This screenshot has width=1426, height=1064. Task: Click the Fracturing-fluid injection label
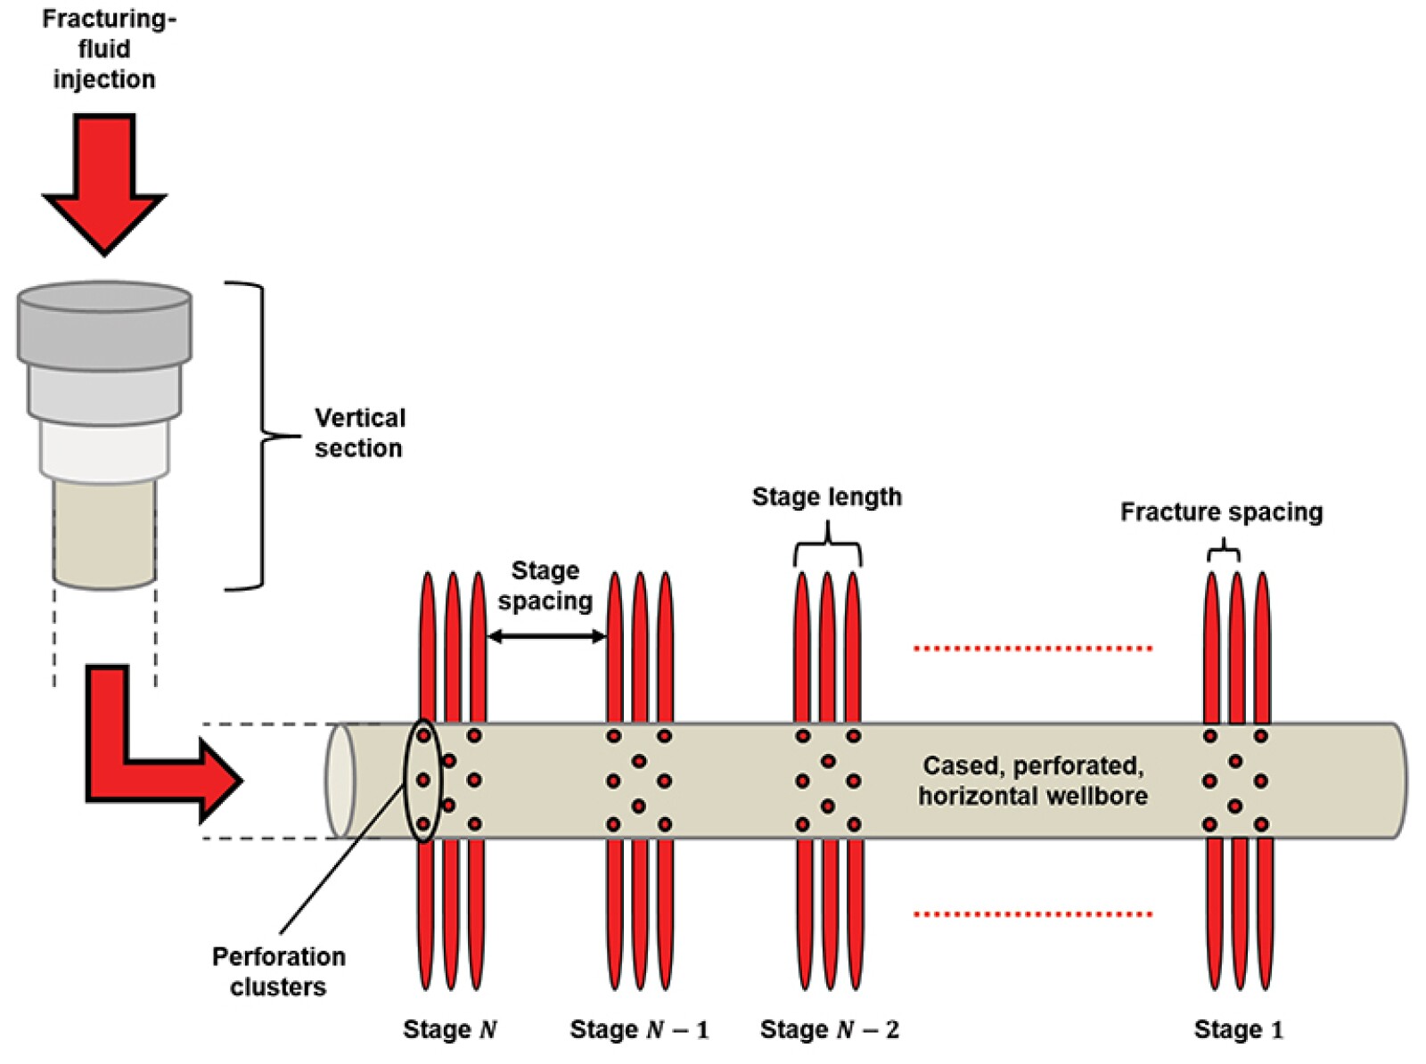104,49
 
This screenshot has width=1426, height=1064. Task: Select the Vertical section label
359,433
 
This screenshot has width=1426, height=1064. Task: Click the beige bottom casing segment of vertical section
104,535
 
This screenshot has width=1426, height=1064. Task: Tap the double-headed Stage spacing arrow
547,636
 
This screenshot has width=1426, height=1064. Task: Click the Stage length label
826,496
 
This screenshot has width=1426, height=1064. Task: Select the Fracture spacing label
1221,512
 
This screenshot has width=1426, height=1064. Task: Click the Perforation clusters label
278,971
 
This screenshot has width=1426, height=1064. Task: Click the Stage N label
449,1030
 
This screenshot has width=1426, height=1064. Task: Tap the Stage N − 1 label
639,1030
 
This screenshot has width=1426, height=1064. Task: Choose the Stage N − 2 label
829,1030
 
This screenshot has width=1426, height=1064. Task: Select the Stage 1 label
1238,1030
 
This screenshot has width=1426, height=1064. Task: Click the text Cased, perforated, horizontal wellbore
1033,781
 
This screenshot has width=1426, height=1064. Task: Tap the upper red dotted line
1033,648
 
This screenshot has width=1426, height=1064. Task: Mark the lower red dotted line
1033,914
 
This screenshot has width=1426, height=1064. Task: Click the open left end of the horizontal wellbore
340,781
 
